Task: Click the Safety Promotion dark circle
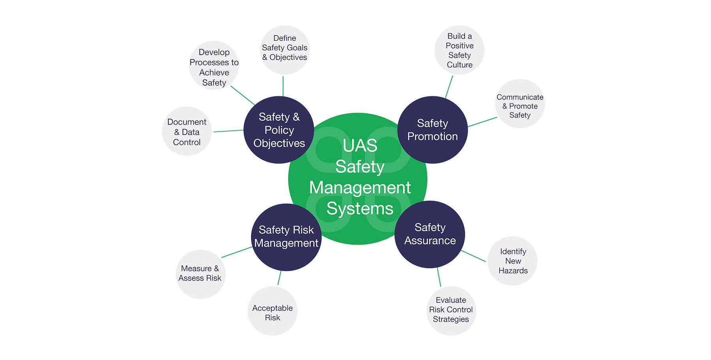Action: pos(432,130)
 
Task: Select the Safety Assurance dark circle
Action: pos(430,234)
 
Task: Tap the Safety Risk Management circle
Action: pos(286,237)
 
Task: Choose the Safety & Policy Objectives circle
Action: pos(279,130)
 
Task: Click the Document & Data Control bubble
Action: pos(186,132)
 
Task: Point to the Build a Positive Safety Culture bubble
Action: pos(459,50)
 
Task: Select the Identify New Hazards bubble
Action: pos(512,261)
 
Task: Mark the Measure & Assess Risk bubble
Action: pos(200,274)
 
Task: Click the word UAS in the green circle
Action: pos(359,145)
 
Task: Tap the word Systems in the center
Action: pos(359,208)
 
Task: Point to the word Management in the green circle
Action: pos(359,187)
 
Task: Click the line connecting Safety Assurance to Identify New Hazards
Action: pos(473,256)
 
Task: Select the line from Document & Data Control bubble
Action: pos(228,131)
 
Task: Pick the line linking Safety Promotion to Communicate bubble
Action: pos(482,122)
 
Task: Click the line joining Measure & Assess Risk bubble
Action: pos(237,252)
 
